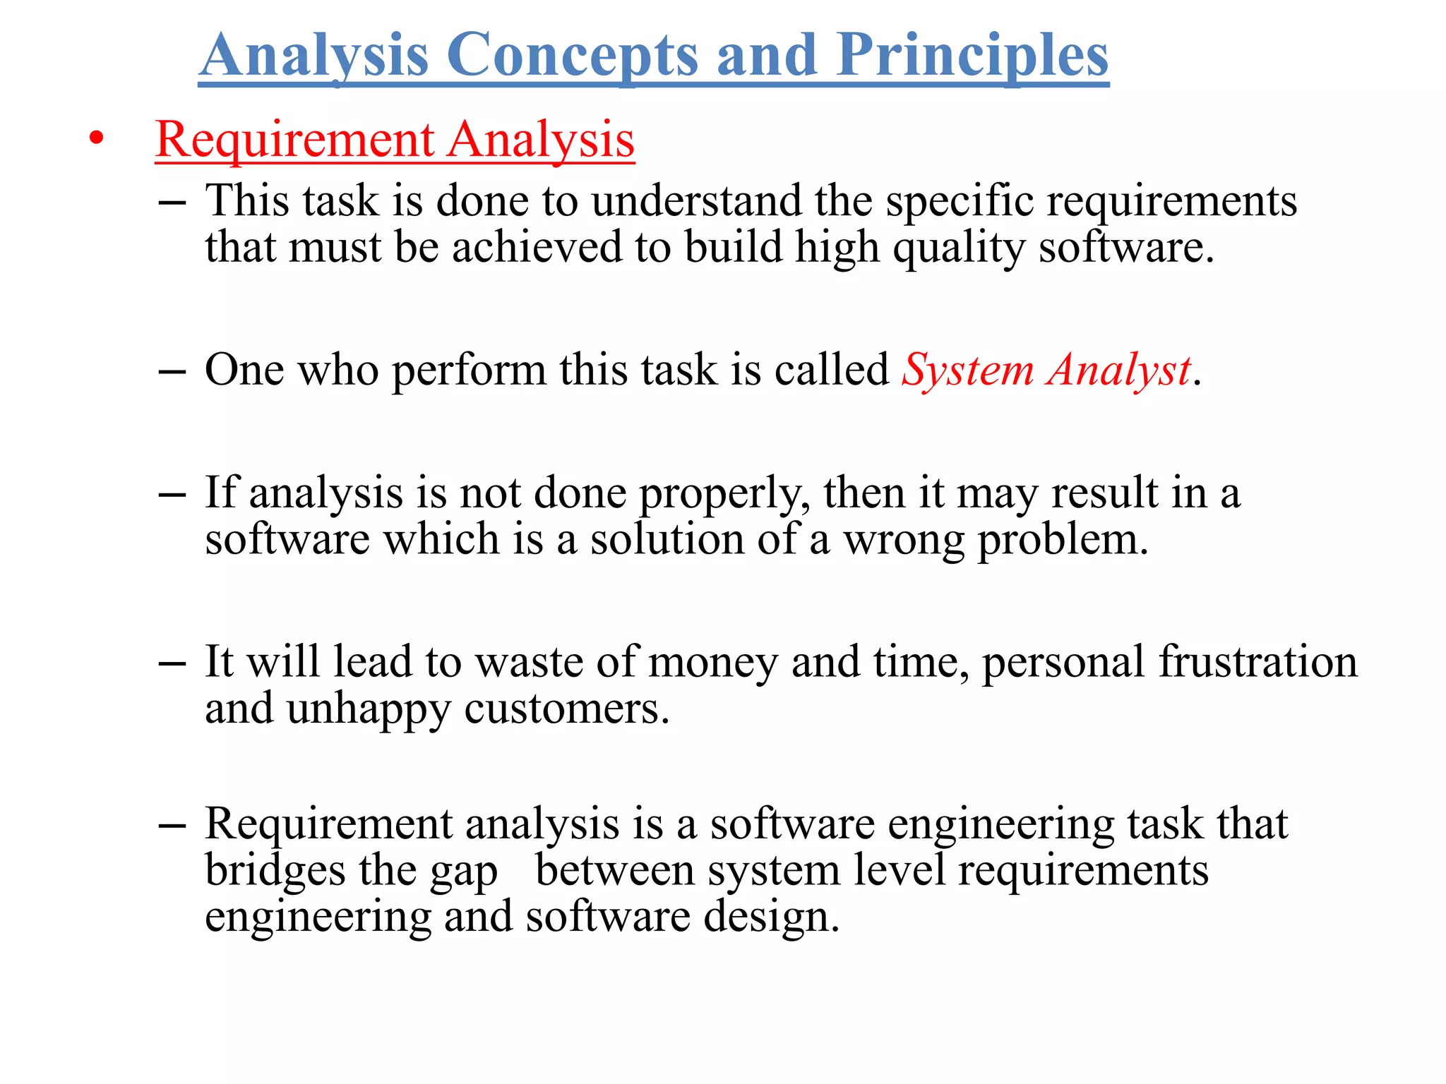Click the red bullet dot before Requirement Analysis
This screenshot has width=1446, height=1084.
tap(96, 139)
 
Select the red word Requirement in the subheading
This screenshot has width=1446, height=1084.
tap(294, 140)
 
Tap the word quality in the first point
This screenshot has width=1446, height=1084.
tap(958, 248)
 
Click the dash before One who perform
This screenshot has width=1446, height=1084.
tap(172, 371)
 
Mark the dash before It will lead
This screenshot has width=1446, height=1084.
tap(172, 663)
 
